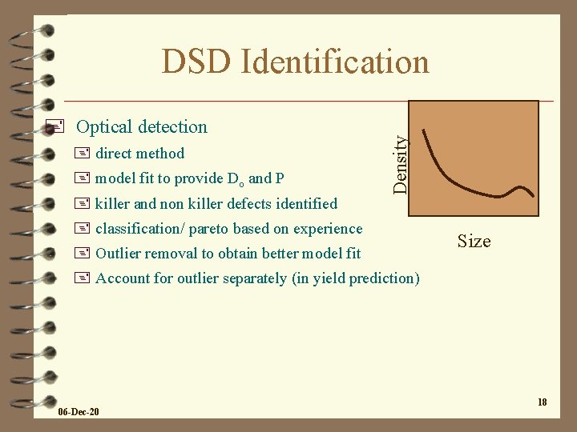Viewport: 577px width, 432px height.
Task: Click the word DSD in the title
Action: click(x=195, y=62)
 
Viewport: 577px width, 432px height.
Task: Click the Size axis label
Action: click(x=474, y=241)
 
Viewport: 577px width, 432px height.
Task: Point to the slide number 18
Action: click(x=543, y=402)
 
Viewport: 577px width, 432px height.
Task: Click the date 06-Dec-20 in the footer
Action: click(x=79, y=411)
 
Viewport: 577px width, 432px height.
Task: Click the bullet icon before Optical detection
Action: click(x=54, y=126)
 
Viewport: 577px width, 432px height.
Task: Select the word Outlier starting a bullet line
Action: click(x=121, y=254)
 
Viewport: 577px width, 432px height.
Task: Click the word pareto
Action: click(x=210, y=229)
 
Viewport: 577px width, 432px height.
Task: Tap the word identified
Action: click(x=305, y=203)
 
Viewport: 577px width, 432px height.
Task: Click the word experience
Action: click(x=328, y=229)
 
